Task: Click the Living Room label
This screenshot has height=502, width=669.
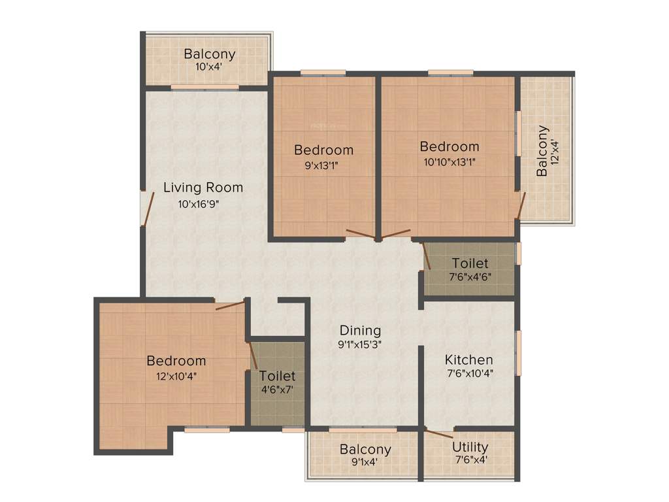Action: click(x=203, y=188)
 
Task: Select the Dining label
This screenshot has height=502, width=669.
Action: click(x=359, y=330)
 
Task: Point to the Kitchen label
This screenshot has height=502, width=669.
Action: click(x=468, y=360)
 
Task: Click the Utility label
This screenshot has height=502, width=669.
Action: click(x=470, y=447)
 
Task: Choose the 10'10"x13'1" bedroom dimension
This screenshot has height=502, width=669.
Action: click(x=449, y=162)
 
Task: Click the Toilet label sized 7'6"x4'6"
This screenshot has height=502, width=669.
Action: click(x=470, y=263)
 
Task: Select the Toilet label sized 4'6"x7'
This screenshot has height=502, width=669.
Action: click(x=277, y=376)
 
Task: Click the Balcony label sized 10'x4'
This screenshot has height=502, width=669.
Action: click(x=209, y=54)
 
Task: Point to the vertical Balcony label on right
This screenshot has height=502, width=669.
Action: click(x=542, y=150)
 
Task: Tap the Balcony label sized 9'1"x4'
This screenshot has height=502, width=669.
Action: click(x=365, y=449)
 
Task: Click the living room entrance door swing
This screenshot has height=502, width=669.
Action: click(x=149, y=208)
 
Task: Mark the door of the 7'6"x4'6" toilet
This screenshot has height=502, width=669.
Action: click(x=427, y=256)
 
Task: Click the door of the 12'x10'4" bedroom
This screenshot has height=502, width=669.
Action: click(x=230, y=305)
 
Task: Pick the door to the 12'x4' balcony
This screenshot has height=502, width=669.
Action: click(x=520, y=207)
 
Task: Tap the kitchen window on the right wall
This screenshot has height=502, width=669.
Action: click(x=519, y=353)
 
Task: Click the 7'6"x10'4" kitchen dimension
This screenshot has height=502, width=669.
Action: click(x=468, y=375)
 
